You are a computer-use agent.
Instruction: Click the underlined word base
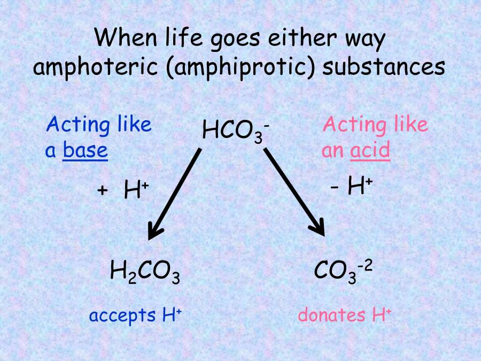click(86, 151)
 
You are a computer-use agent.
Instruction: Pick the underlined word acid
click(370, 151)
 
